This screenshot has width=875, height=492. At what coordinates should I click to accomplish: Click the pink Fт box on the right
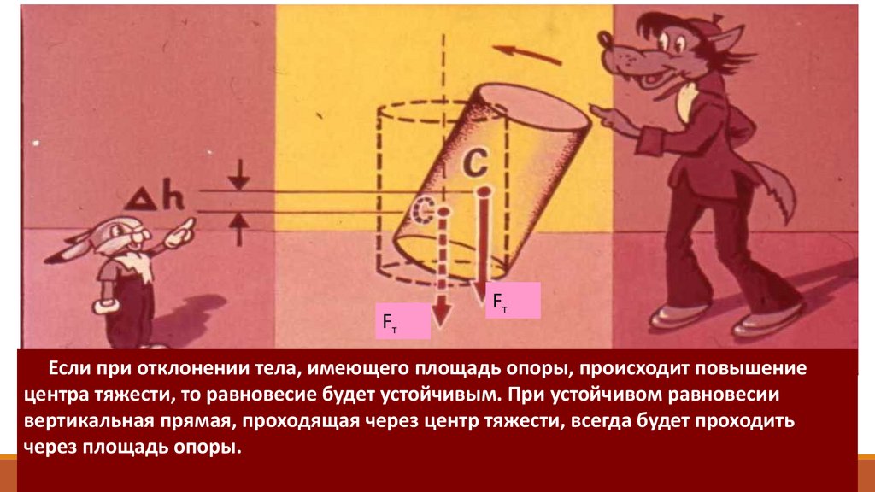tap(513, 301)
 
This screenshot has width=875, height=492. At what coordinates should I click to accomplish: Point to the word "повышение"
tap(752, 370)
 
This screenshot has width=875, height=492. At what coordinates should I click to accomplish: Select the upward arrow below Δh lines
tap(240, 224)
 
